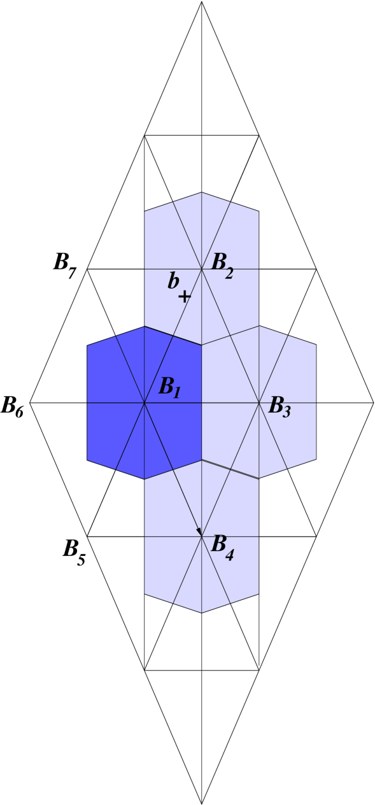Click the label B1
(169, 387)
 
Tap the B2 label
(222, 264)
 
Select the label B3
(279, 406)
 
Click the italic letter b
(173, 281)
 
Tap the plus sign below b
(184, 297)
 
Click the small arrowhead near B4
(199, 531)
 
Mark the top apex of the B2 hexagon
(202, 192)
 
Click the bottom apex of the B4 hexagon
(202, 613)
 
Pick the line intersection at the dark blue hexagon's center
(145, 402)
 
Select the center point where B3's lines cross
(259, 402)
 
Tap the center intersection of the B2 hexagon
(202, 269)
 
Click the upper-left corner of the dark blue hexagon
(87, 346)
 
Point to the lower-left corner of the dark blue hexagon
(87, 459)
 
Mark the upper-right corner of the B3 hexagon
(316, 346)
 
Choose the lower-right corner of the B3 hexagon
(316, 459)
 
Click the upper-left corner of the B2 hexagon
(145, 211)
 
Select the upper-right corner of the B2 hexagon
(259, 211)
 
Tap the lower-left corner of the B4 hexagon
(145, 594)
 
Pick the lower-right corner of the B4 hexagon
(259, 594)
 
